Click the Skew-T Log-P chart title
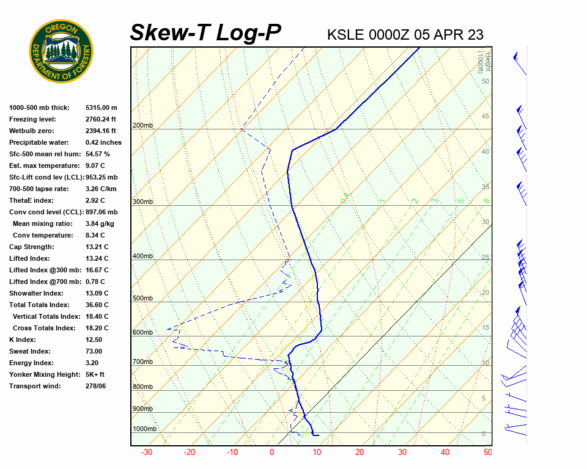click(x=206, y=32)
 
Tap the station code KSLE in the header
click(x=346, y=34)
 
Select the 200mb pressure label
click(x=143, y=126)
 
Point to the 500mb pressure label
click(x=143, y=299)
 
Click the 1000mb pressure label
click(x=145, y=429)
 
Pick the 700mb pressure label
click(x=143, y=362)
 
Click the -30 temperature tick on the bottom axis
click(x=147, y=453)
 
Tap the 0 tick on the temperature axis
click(x=272, y=453)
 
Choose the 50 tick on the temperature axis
click(x=487, y=453)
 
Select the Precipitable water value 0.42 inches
click(x=103, y=142)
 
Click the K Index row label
click(x=23, y=340)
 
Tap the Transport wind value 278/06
click(x=96, y=386)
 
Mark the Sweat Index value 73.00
click(x=94, y=351)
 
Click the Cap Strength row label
click(x=31, y=247)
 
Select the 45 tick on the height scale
click(x=485, y=117)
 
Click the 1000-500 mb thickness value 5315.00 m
click(x=101, y=107)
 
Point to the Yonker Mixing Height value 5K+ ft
click(x=95, y=374)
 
